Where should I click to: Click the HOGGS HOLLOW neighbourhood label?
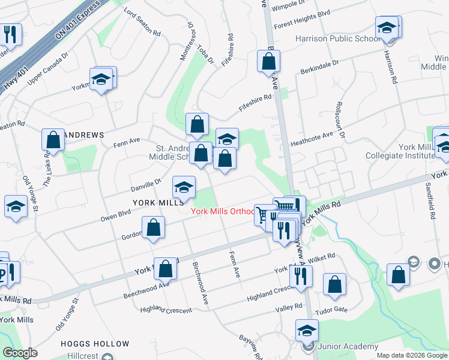[x=95, y=344]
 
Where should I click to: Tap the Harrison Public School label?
[x=337, y=38]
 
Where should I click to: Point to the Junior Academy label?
[x=348, y=346]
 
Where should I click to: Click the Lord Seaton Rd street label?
[x=142, y=22]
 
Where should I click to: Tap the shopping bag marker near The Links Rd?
[x=53, y=140]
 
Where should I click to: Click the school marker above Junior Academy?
[x=307, y=329]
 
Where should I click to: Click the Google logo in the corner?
[x=20, y=353]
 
